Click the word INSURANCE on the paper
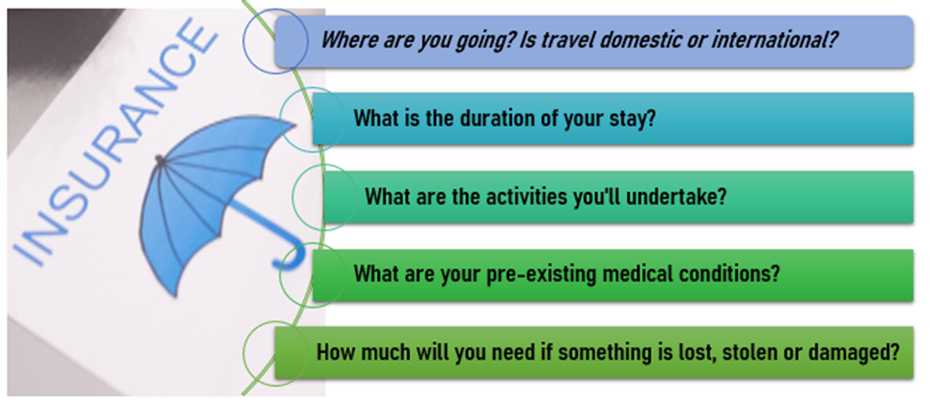(113, 142)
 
